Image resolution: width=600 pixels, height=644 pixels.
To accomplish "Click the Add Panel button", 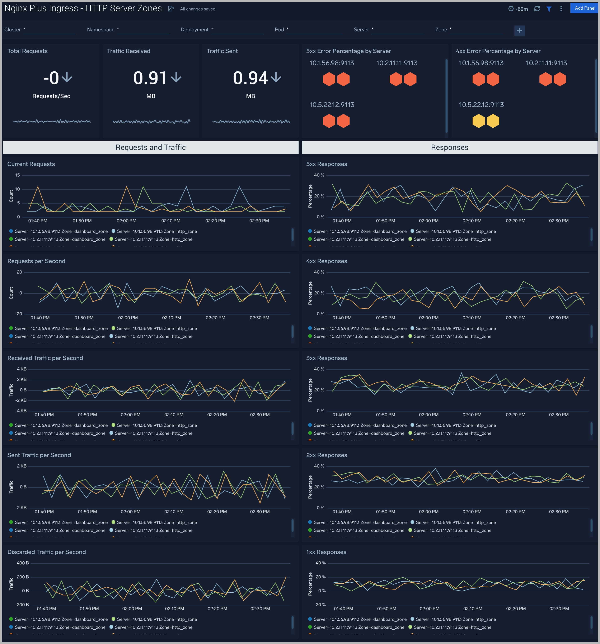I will pyautogui.click(x=585, y=8).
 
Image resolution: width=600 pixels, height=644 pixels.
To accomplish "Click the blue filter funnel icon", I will pyautogui.click(x=549, y=9).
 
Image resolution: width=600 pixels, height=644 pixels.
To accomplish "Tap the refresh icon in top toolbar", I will pyautogui.click(x=537, y=9).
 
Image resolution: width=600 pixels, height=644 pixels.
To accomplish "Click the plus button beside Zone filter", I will pyautogui.click(x=519, y=30).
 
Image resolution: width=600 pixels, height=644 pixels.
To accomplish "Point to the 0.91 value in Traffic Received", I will pyautogui.click(x=150, y=78).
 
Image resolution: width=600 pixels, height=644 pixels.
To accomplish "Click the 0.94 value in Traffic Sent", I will pyautogui.click(x=250, y=78).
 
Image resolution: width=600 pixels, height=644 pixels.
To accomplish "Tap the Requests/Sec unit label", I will pyautogui.click(x=51, y=96).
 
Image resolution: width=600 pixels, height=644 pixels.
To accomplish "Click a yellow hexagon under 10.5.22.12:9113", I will pyautogui.click(x=478, y=121).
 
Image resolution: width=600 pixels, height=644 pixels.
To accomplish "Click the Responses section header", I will pyautogui.click(x=449, y=147).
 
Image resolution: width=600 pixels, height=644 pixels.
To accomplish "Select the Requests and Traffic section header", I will pyautogui.click(x=151, y=147).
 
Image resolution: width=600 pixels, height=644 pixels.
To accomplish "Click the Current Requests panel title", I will pyautogui.click(x=31, y=164).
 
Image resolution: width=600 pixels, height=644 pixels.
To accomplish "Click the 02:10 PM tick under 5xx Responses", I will pyautogui.click(x=472, y=221).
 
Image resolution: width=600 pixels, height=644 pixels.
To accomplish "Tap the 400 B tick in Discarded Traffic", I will pyautogui.click(x=23, y=563).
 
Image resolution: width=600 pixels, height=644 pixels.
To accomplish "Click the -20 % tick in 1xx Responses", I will pyautogui.click(x=320, y=605).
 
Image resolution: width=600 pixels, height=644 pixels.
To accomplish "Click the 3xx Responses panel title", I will pyautogui.click(x=326, y=358).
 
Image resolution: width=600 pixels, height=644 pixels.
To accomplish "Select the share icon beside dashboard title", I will pyautogui.click(x=171, y=9).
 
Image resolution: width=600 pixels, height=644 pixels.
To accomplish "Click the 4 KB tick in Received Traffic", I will pyautogui.click(x=22, y=369).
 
